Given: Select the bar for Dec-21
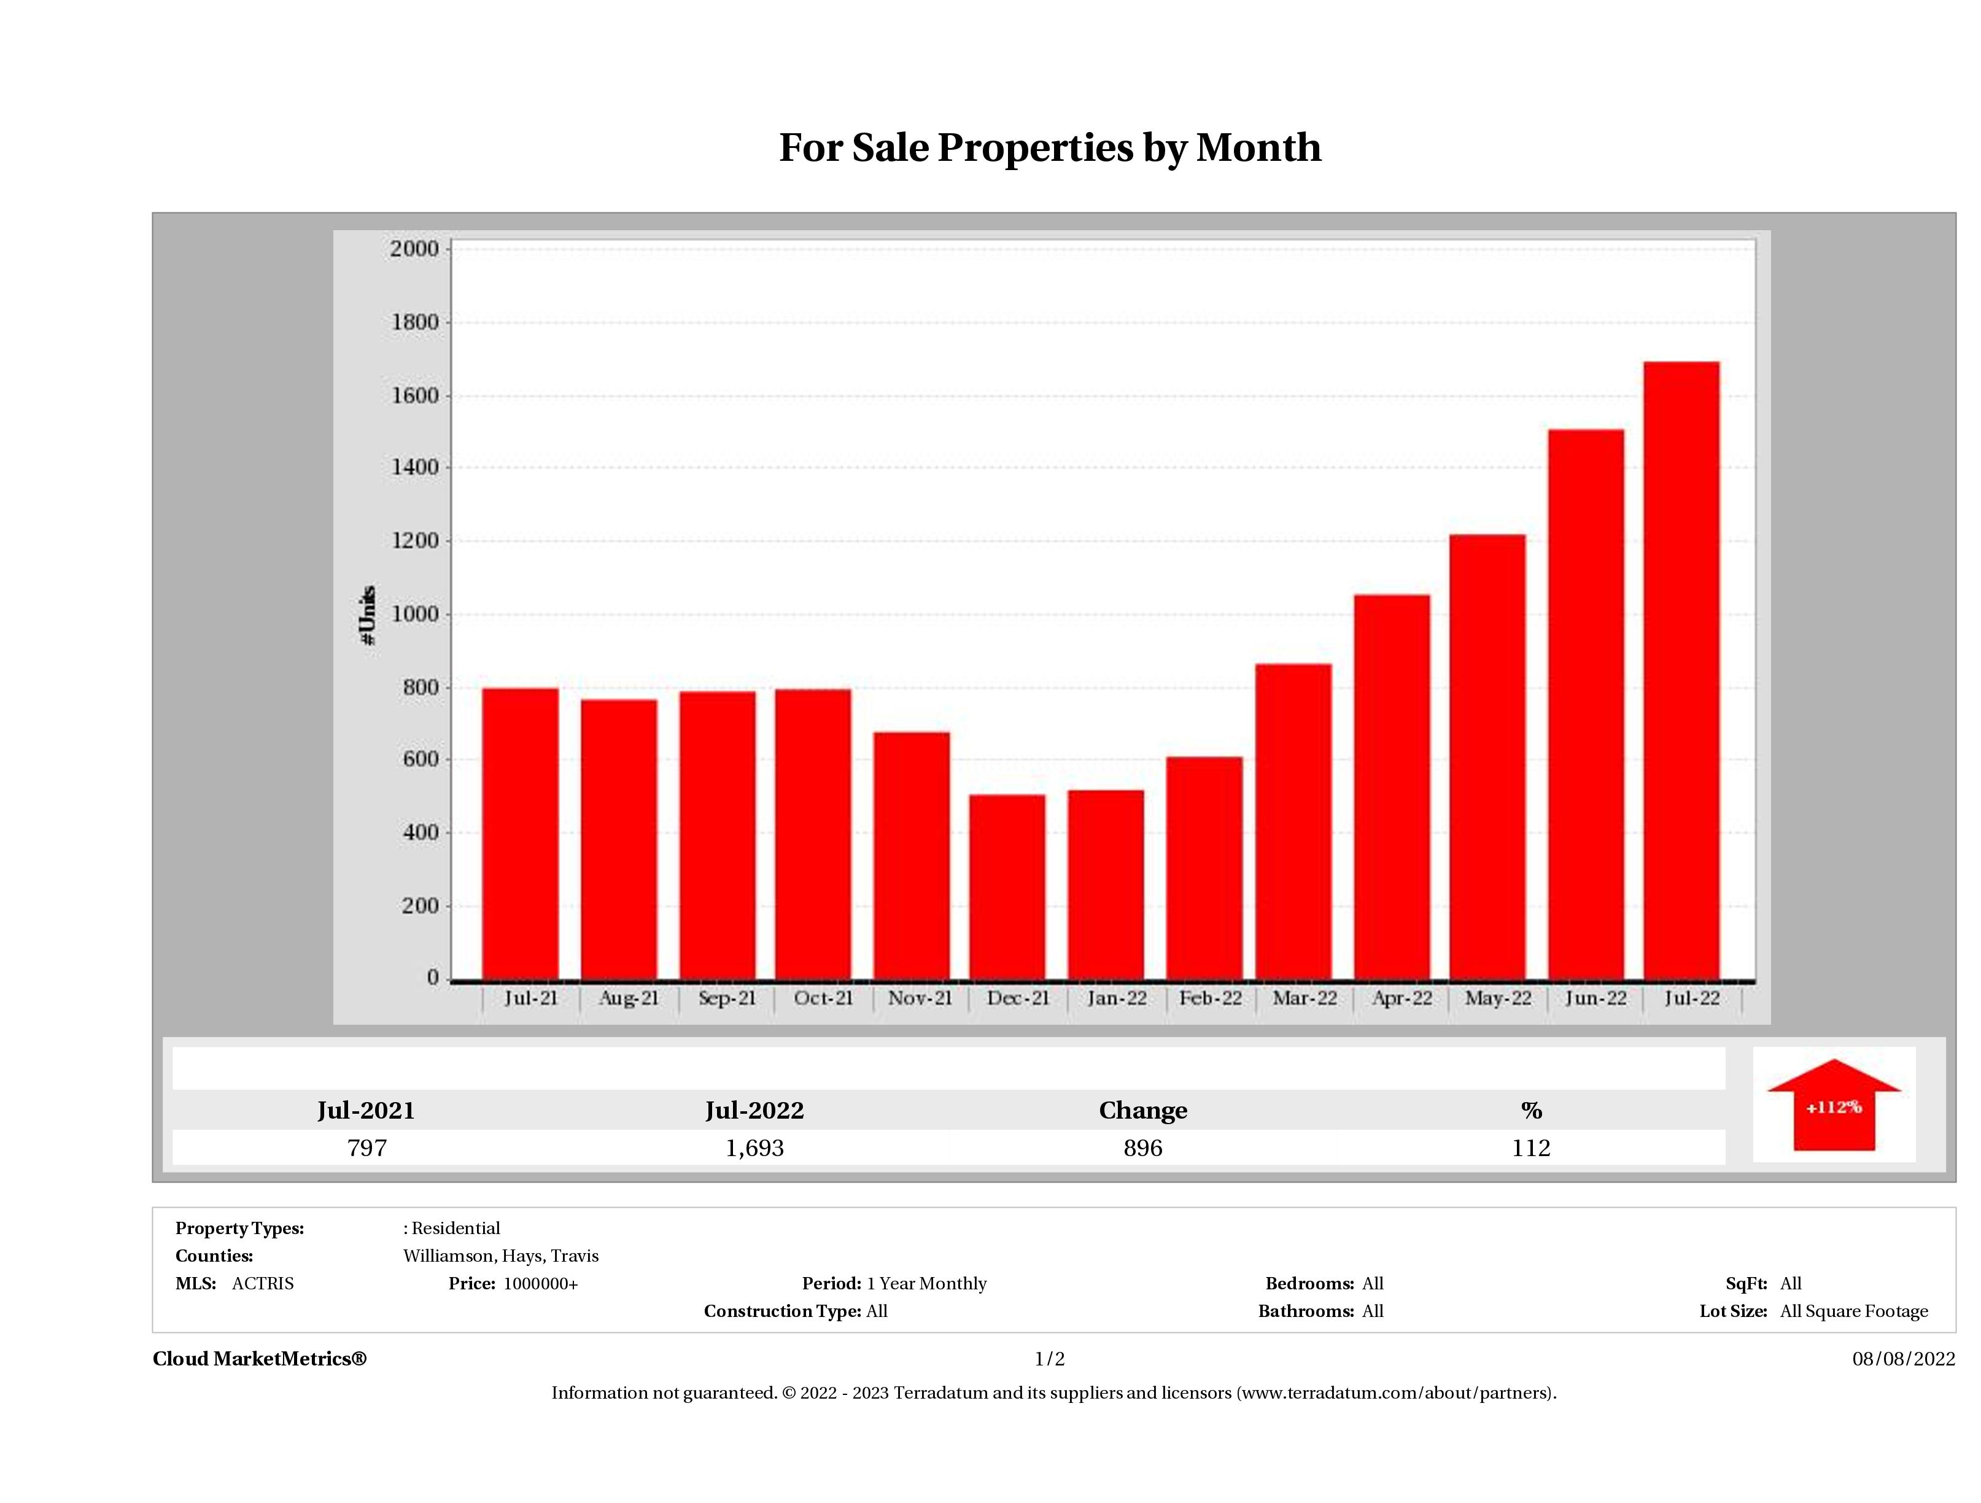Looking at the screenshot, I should coord(1007,887).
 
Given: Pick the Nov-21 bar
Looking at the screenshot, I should coord(912,855).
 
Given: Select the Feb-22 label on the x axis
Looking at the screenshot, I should coord(1210,998).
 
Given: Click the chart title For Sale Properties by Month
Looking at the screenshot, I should coord(1050,148).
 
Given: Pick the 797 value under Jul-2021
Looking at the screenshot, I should coord(366,1148).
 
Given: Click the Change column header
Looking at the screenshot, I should coord(1143,1111).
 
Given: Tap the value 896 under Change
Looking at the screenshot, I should coord(1143,1148).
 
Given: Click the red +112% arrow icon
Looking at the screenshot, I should coord(1833,1105).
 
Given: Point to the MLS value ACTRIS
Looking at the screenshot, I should coord(262,1284).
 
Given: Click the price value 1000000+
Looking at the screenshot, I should coord(540,1284).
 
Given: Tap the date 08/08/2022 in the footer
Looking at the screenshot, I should coord(1903,1359).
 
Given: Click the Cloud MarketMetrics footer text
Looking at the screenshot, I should coord(260,1359).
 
